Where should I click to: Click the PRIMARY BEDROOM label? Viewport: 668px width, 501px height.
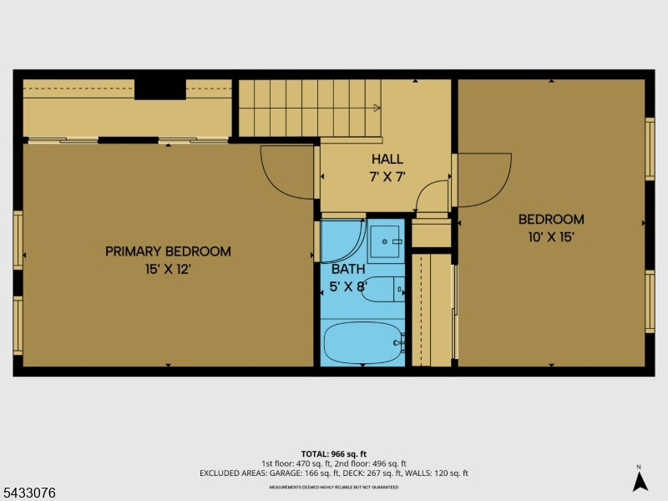tap(168, 251)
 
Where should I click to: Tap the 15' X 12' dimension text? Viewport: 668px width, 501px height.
tap(168, 269)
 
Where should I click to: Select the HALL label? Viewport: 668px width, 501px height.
tap(387, 159)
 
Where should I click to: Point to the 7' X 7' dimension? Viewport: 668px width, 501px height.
tap(387, 176)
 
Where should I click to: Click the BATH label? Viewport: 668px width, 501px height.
tap(348, 269)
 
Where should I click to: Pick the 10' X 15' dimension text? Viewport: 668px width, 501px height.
tap(551, 237)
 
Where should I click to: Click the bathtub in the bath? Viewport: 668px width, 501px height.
tap(363, 342)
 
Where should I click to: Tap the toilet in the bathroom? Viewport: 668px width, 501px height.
tap(382, 289)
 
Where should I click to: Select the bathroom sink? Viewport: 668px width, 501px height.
tap(385, 241)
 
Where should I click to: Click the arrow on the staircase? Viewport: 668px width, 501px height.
tap(377, 108)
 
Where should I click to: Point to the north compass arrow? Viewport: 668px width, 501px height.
tap(640, 482)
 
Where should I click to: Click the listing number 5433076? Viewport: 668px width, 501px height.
tap(28, 493)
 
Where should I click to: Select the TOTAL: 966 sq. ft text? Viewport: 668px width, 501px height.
tap(333, 454)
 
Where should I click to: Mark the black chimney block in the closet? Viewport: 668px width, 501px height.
tap(160, 89)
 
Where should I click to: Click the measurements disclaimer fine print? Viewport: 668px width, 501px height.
tap(333, 487)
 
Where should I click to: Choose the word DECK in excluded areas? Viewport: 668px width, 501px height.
tap(362, 473)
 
